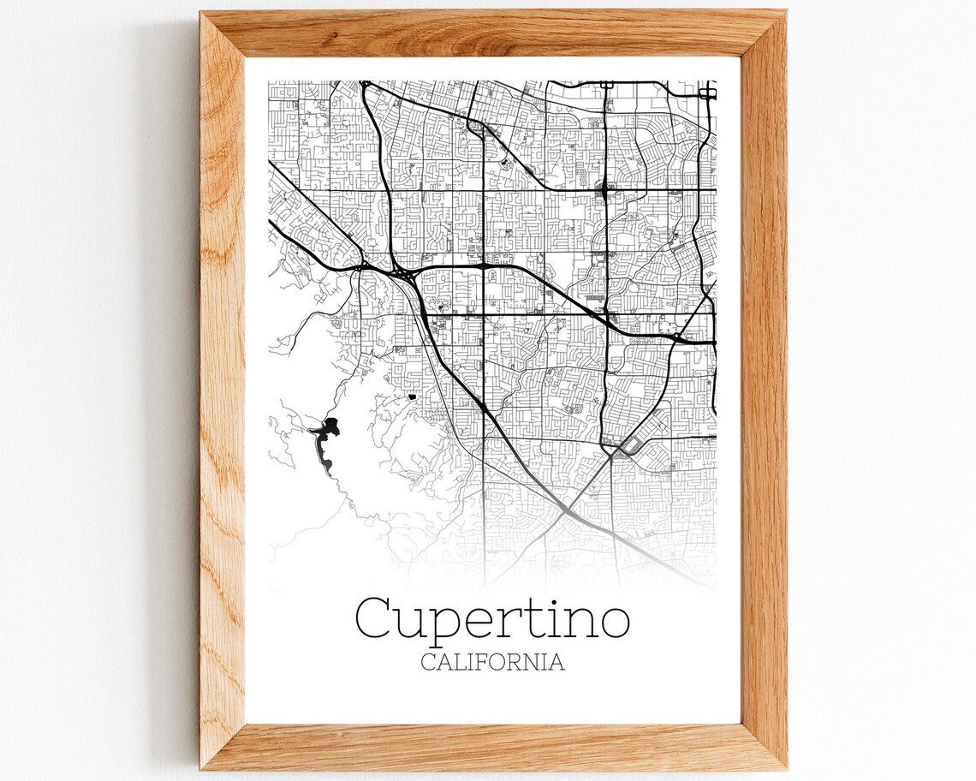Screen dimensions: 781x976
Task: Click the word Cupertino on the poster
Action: pos(492,618)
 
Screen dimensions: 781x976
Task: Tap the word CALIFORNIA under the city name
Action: pos(492,662)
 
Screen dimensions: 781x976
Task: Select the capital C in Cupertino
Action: pos(376,617)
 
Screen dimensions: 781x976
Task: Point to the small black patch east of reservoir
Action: pos(412,396)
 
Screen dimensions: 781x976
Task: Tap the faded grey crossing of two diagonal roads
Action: pos(568,510)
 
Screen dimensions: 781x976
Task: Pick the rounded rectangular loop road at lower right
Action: pos(639,439)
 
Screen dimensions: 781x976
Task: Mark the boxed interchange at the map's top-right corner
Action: pos(706,92)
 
